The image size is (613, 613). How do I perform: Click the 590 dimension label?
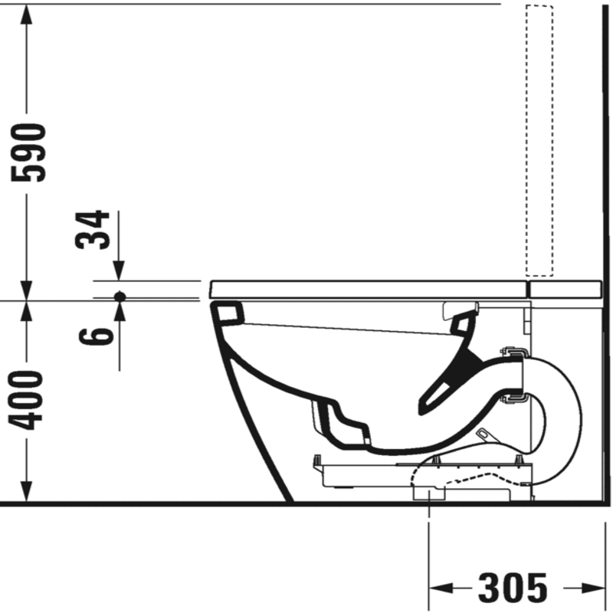point(28,152)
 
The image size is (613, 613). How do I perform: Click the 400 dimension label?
point(27,400)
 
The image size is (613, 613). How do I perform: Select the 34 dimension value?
point(92,230)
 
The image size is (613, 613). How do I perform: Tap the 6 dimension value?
point(97,336)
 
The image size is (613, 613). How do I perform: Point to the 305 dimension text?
point(513,587)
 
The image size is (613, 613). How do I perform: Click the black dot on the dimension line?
point(120,297)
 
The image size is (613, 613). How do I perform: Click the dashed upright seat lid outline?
point(539,141)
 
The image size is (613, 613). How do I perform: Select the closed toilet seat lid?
point(368,290)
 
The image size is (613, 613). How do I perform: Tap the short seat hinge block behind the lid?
point(565,290)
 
